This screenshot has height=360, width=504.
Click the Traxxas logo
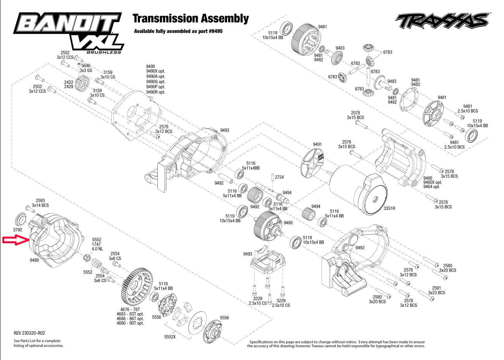[x=442, y=21]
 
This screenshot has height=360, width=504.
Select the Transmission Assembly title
[x=191, y=19]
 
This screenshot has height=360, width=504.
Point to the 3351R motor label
[x=389, y=208]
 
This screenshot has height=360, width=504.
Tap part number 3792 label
[x=17, y=230]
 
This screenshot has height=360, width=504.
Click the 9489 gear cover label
[x=34, y=260]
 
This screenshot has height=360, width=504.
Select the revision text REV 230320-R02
[x=29, y=333]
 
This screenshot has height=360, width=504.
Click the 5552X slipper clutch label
[x=170, y=337]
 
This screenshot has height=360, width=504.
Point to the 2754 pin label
[x=279, y=177]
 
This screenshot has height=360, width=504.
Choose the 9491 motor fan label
[x=317, y=144]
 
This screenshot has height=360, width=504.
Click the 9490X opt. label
[x=155, y=71]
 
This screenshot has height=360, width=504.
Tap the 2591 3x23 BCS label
[x=437, y=290]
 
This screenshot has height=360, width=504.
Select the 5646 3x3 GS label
[x=86, y=68]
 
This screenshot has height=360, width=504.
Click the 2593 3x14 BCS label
[x=40, y=203]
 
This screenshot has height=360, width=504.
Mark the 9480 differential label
[x=288, y=223]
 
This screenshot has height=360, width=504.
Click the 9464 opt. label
[x=432, y=187]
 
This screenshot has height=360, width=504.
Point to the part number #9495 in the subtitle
[x=216, y=31]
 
